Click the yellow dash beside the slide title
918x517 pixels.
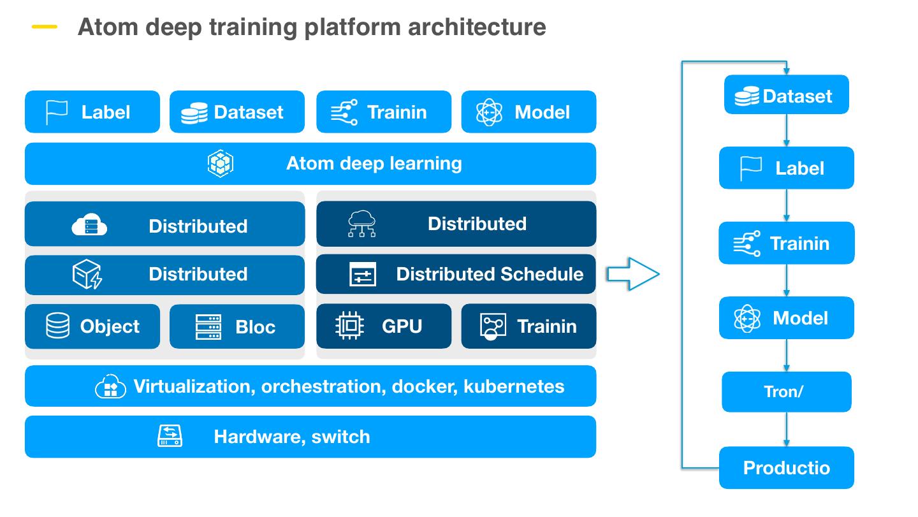tap(44, 27)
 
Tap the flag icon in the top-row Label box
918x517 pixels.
tap(57, 112)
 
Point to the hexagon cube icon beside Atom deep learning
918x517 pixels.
tap(221, 164)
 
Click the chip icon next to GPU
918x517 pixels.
tap(349, 326)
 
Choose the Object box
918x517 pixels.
tap(92, 326)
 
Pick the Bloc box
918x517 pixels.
tap(237, 326)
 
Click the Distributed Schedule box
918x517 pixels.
tap(456, 274)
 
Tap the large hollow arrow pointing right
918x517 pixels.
tap(631, 274)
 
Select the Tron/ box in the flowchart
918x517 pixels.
tap(786, 391)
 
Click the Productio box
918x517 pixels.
tap(786, 467)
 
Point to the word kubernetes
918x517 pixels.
tap(514, 386)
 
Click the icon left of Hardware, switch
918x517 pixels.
tap(170, 437)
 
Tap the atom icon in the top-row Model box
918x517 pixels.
tap(489, 112)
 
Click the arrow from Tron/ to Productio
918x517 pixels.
tap(786, 429)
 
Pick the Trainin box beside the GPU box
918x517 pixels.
tap(528, 326)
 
